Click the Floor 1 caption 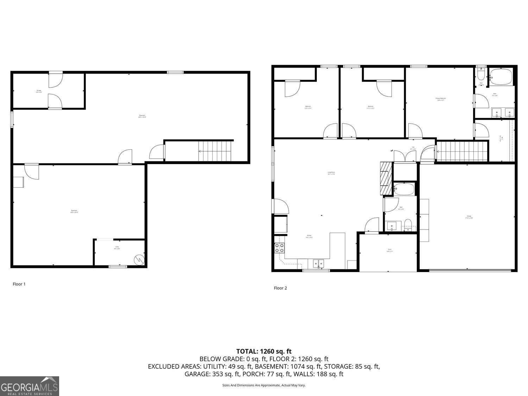[19, 284]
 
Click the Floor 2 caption [280, 288]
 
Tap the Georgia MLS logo [29, 386]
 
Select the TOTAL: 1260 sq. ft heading [264, 351]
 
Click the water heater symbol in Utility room [139, 259]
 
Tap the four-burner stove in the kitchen [279, 248]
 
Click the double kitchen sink [319, 263]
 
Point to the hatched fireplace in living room [386, 178]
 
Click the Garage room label [469, 217]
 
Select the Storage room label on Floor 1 [39, 91]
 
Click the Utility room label [117, 248]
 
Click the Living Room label [331, 173]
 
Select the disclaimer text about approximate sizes [264, 385]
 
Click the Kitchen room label [309, 237]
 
